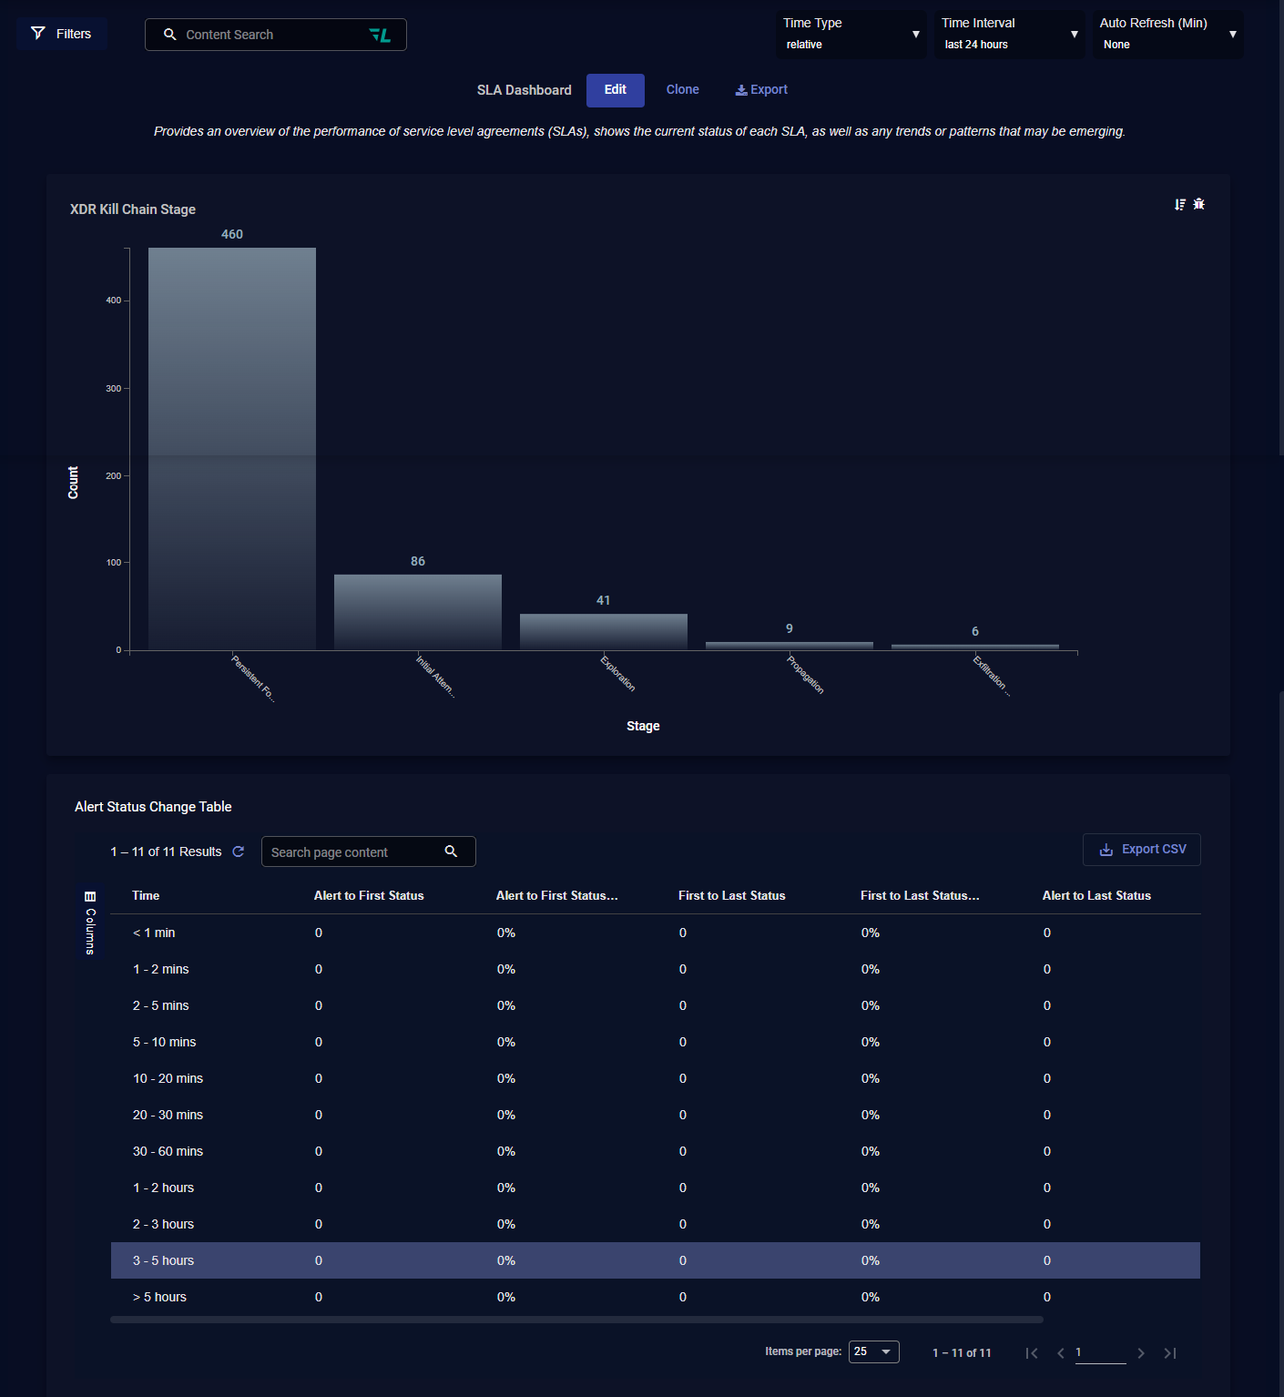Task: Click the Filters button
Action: [62, 34]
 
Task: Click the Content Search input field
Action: [264, 35]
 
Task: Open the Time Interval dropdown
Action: [1009, 35]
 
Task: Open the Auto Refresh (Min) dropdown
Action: [1167, 35]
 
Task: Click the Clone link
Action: [682, 89]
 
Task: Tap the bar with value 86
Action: [418, 611]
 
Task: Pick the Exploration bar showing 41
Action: [604, 631]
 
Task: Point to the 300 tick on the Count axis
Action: [113, 388]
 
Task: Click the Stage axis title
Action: [643, 726]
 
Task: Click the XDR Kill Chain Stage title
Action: [133, 209]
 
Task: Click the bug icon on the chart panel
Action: [1199, 204]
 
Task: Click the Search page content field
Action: [355, 851]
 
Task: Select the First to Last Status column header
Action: [731, 895]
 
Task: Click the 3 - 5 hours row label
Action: [163, 1260]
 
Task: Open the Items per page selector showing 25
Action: [873, 1351]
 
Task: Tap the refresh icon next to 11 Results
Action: [239, 851]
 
